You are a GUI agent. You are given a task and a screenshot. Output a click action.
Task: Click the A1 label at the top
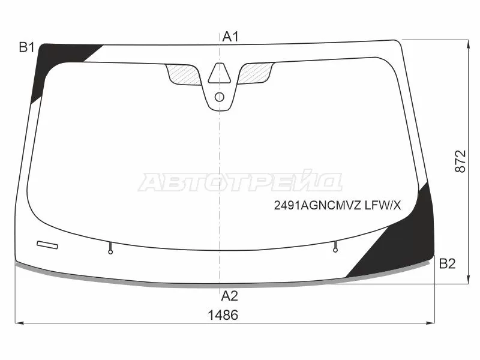click(230, 37)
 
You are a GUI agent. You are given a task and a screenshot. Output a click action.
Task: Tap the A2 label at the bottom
click(229, 296)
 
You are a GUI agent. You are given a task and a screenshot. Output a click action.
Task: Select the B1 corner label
click(26, 47)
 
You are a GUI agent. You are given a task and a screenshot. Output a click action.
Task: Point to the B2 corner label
click(447, 263)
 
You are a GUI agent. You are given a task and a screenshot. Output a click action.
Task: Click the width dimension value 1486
click(223, 315)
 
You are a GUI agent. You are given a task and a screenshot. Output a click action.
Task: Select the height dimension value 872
click(460, 161)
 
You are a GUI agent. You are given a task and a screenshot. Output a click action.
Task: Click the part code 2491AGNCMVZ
click(317, 205)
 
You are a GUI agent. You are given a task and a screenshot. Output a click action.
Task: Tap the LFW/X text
click(383, 205)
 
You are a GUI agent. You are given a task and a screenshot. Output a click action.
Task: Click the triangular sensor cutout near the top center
click(220, 74)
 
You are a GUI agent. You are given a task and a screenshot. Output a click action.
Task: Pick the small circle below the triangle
click(220, 97)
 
